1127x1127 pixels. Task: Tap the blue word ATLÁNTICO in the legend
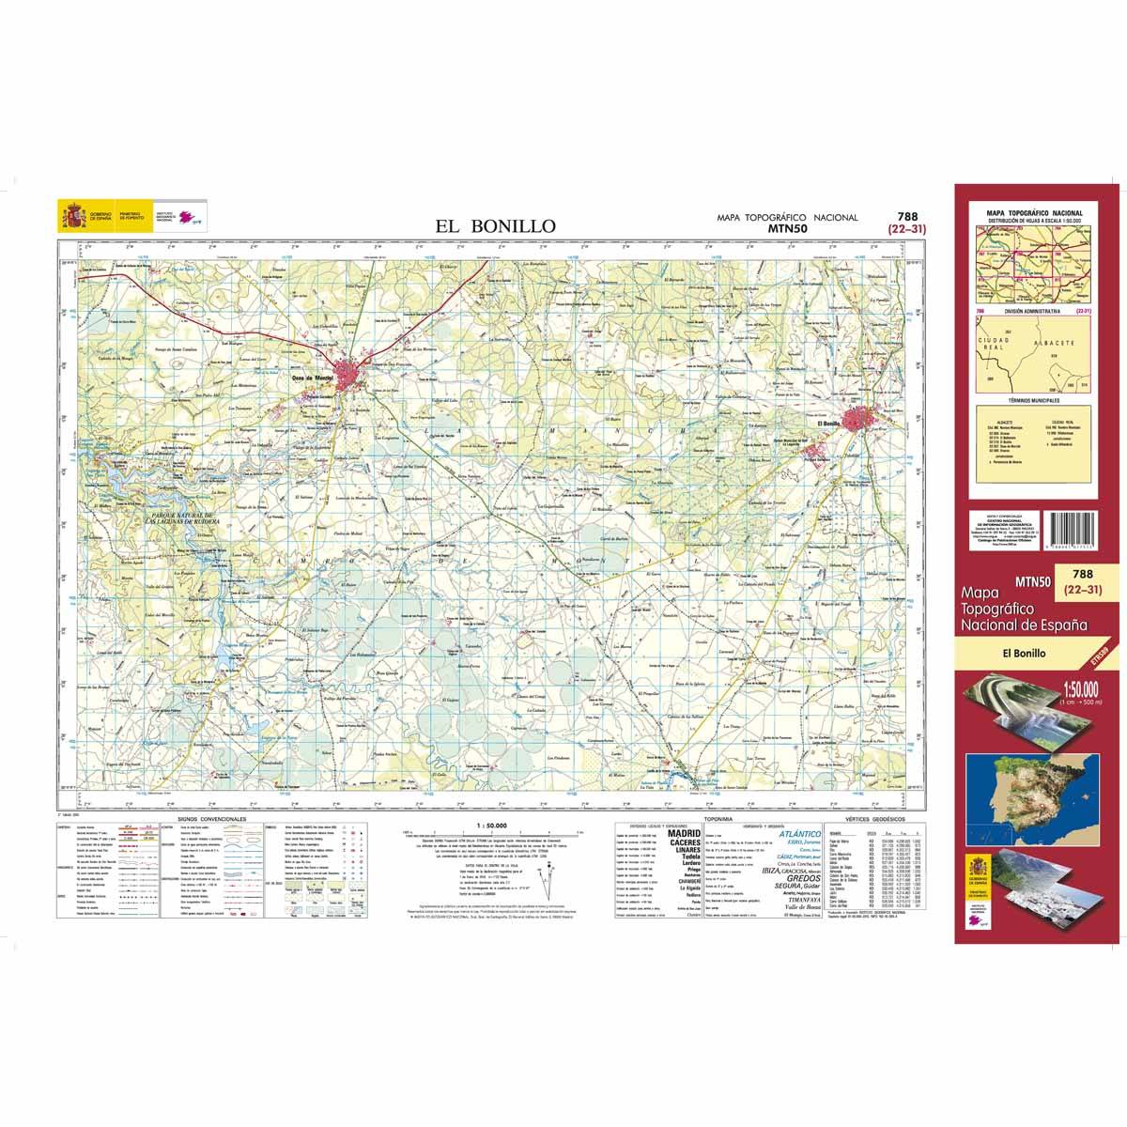pos(801,833)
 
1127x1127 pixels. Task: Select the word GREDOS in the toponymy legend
pos(801,878)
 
